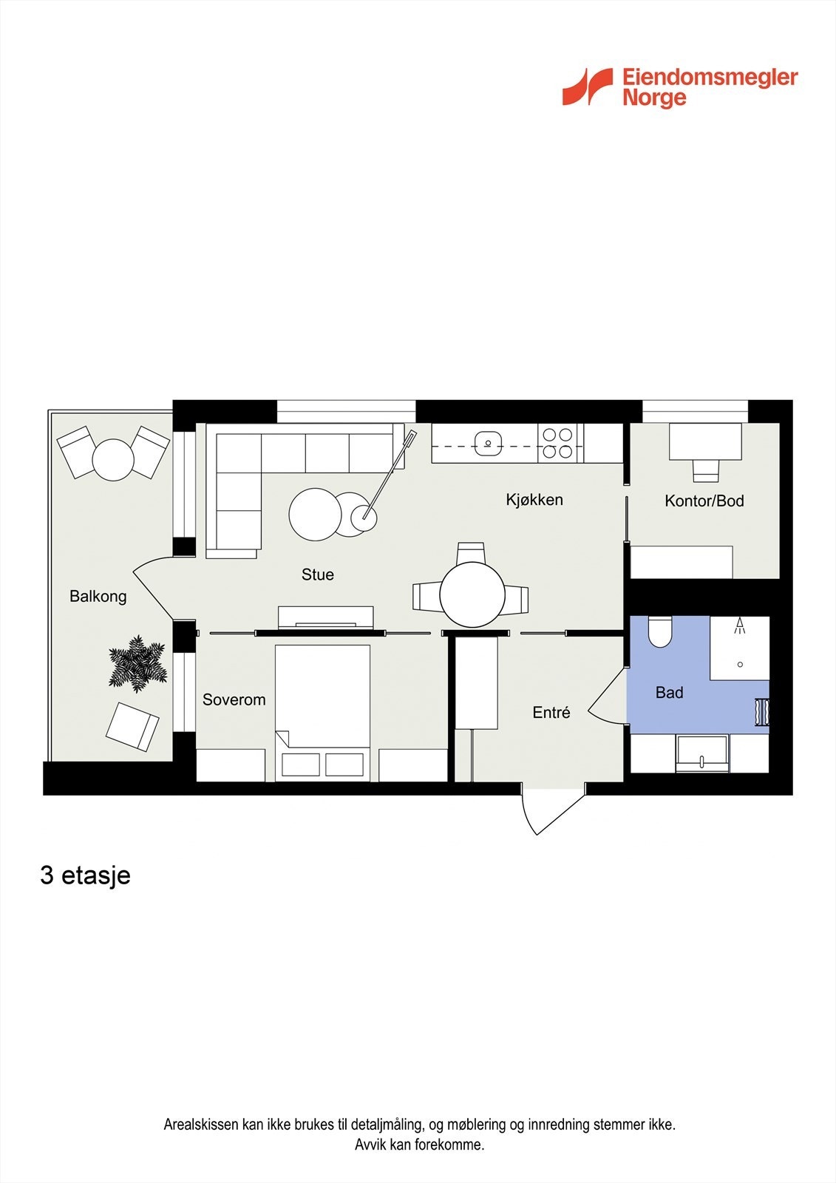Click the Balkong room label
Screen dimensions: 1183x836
click(98, 596)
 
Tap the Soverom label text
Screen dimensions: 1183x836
click(234, 699)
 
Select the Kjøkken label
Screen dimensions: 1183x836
click(534, 500)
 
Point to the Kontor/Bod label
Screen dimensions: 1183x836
click(704, 501)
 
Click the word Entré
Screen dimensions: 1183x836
click(551, 713)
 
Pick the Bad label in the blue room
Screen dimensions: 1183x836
click(669, 693)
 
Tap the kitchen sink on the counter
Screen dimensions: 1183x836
click(488, 444)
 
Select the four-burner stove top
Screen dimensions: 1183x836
click(557, 443)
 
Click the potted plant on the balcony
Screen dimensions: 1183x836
click(137, 663)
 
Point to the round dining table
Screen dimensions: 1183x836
click(472, 594)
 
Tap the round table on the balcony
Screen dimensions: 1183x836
click(113, 460)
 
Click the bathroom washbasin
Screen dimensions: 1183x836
click(701, 754)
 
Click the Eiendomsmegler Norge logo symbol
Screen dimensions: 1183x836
click(588, 87)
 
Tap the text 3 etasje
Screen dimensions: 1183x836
click(85, 875)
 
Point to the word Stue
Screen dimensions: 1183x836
click(317, 574)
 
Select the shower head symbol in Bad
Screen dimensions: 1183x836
click(739, 627)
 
